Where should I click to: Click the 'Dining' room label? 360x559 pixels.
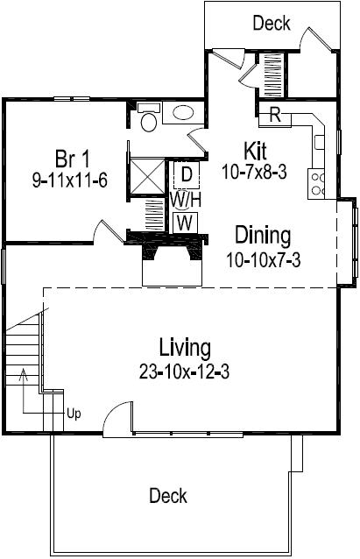[262, 237]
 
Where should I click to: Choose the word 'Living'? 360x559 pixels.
[184, 348]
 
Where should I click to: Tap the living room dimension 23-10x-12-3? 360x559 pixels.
[184, 371]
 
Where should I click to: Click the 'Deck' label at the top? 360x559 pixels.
[272, 24]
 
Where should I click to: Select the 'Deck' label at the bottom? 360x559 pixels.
[168, 496]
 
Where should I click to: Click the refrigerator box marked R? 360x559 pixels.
[274, 115]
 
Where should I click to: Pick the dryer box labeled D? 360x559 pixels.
[185, 174]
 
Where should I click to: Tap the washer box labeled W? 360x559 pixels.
[184, 223]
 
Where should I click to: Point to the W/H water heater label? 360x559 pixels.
[184, 200]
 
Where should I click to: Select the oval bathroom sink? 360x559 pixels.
[184, 113]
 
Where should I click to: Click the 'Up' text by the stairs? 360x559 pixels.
[74, 414]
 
